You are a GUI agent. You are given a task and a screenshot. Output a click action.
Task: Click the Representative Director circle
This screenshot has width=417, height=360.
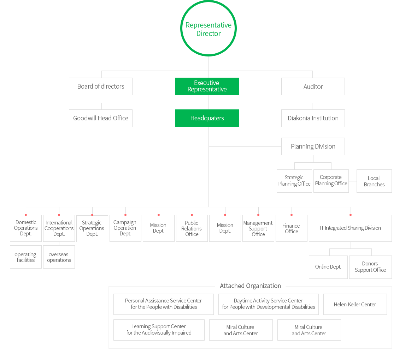click(x=208, y=29)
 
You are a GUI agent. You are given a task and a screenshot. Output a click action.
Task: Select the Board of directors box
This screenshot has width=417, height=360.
click(x=100, y=86)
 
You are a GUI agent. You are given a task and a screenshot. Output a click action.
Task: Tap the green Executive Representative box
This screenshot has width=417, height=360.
click(x=207, y=86)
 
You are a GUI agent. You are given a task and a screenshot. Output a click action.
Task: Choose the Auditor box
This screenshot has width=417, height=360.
click(x=313, y=86)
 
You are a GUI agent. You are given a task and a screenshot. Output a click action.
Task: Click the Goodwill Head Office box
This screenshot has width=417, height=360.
click(x=100, y=118)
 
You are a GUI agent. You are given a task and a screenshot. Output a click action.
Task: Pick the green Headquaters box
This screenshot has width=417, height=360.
click(x=207, y=118)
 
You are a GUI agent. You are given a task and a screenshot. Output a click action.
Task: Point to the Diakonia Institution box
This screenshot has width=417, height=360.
click(x=313, y=118)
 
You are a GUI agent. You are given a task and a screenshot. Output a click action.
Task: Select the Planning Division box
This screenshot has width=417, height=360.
click(x=313, y=146)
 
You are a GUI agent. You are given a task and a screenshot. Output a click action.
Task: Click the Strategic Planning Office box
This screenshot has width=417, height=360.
click(x=294, y=181)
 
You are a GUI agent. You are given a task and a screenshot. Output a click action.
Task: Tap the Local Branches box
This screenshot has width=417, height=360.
click(x=374, y=181)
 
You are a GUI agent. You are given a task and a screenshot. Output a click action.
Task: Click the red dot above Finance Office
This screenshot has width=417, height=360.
click(x=292, y=215)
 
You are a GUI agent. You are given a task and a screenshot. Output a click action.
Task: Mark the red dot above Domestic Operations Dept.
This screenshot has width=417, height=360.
click(x=26, y=215)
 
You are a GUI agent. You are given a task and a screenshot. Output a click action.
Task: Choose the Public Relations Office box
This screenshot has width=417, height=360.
click(x=192, y=228)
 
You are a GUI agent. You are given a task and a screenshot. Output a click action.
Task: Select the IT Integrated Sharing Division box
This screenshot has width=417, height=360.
click(x=350, y=228)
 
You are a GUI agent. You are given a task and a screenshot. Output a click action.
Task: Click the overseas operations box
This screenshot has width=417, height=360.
click(x=59, y=257)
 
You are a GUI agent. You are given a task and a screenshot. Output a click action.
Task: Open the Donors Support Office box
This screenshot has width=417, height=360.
click(x=370, y=267)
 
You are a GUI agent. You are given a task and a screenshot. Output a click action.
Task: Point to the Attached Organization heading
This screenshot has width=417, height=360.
click(x=250, y=286)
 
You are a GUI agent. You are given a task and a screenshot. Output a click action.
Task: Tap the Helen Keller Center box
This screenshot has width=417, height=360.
click(x=355, y=304)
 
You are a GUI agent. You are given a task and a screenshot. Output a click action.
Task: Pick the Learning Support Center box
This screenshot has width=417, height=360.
click(x=159, y=330)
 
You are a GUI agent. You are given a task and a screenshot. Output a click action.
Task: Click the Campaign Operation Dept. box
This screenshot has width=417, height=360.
click(x=125, y=228)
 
